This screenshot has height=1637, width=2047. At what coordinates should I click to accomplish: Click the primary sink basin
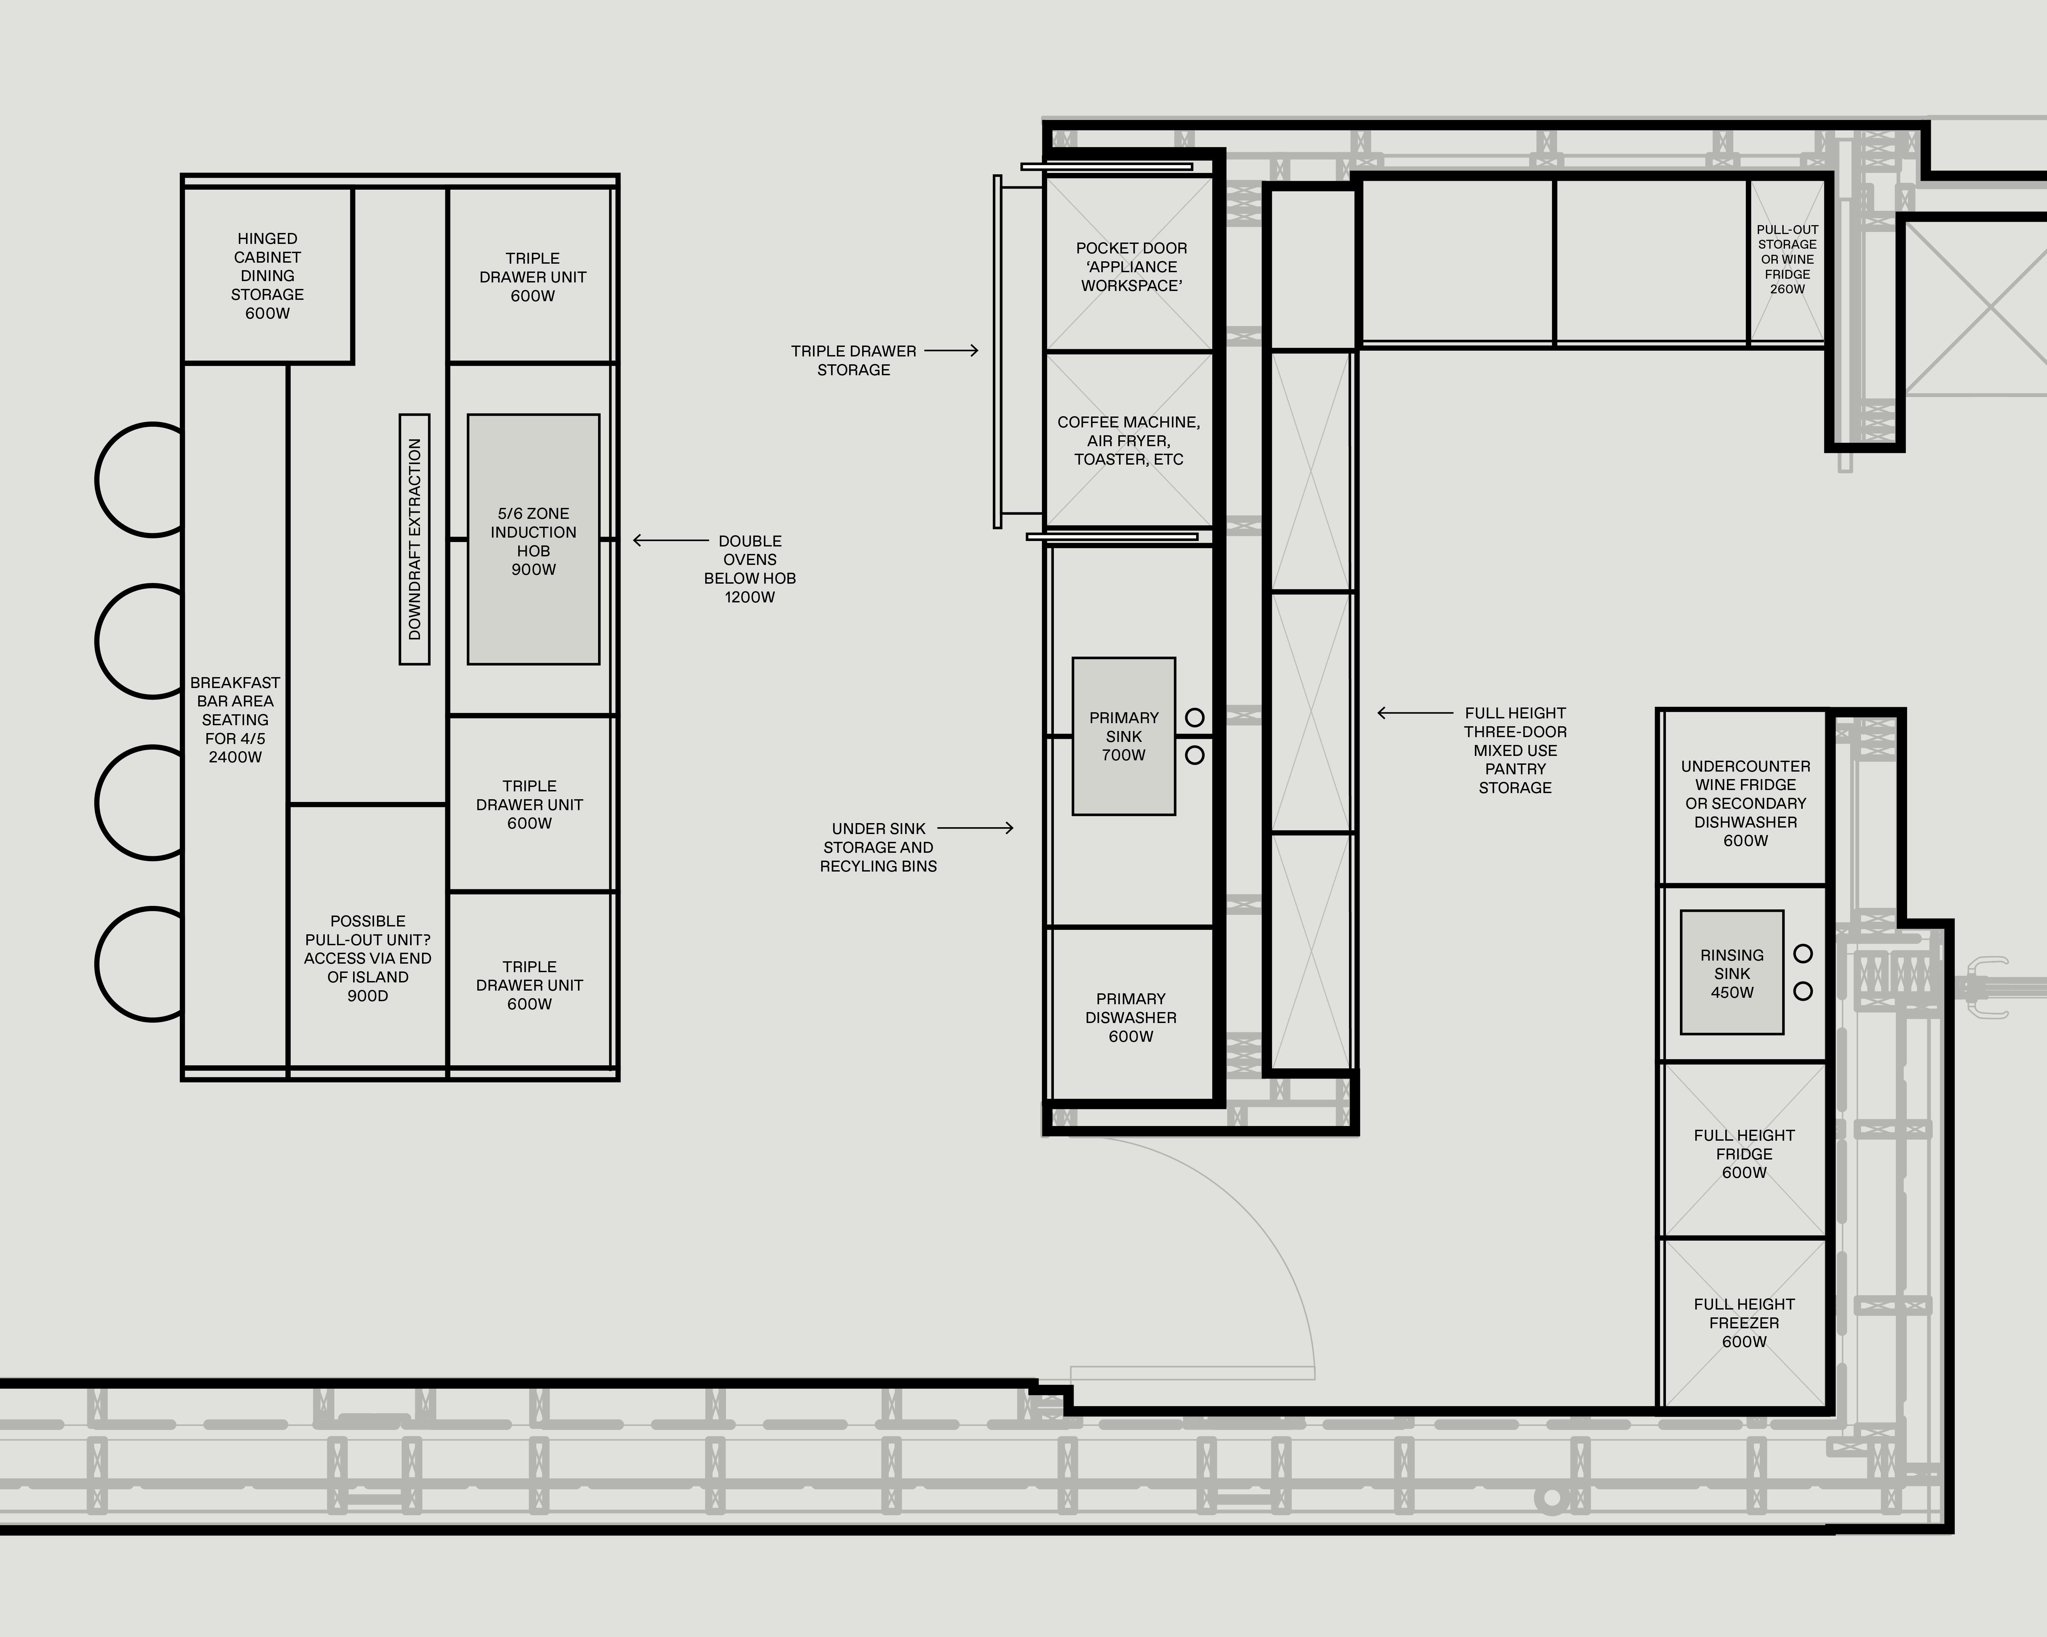click(x=1123, y=736)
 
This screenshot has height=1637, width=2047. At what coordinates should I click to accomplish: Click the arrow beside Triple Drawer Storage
click(x=950, y=350)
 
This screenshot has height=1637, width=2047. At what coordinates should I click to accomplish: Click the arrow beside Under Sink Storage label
click(x=975, y=828)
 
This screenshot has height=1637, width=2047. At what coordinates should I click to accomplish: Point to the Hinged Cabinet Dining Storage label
click(x=268, y=275)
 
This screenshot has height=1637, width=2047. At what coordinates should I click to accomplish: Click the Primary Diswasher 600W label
click(x=1131, y=1017)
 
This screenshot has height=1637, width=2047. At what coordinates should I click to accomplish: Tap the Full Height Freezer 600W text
click(x=1744, y=1323)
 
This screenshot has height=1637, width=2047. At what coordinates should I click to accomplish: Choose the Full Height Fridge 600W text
click(x=1744, y=1154)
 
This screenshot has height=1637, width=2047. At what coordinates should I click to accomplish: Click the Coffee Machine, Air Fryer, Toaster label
click(x=1129, y=441)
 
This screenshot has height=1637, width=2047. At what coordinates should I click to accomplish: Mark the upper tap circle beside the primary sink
click(x=1194, y=718)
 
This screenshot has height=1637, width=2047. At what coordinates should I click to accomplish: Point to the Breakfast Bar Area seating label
click(x=235, y=720)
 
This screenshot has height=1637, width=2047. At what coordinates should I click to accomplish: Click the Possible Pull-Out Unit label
click(x=367, y=958)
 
